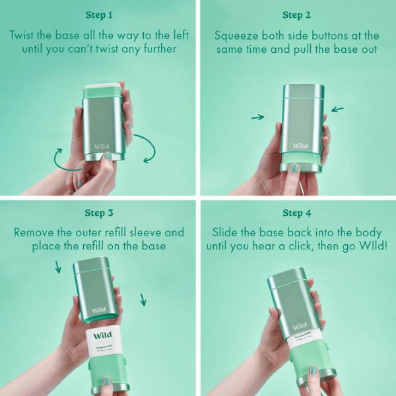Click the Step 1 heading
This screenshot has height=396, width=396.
click(99, 15)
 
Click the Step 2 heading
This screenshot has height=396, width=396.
click(297, 15)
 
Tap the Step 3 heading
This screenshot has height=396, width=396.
click(99, 213)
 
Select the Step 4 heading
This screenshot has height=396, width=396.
click(297, 213)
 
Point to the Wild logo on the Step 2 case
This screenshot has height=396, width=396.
click(300, 146)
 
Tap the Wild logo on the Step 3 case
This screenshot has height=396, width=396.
click(98, 310)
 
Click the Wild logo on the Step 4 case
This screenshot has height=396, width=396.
click(300, 326)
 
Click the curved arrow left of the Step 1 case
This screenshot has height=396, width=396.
click(61, 159)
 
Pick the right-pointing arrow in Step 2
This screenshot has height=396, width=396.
click(258, 117)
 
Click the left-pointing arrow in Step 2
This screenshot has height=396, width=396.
click(337, 109)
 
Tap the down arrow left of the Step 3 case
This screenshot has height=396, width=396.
click(58, 267)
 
